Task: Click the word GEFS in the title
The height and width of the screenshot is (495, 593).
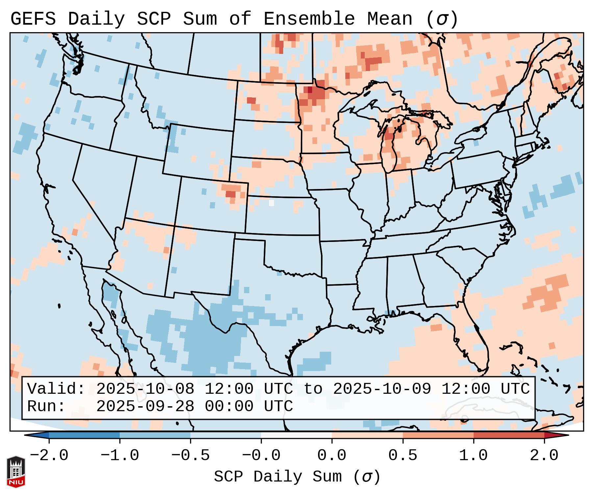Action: point(33,19)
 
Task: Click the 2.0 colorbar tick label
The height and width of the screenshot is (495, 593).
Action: point(544,456)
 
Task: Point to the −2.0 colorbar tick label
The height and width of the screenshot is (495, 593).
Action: point(49,456)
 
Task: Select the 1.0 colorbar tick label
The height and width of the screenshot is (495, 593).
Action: point(473,456)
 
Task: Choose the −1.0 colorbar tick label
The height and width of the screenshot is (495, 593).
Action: point(120,456)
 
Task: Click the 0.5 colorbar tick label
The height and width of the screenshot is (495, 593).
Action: point(403,456)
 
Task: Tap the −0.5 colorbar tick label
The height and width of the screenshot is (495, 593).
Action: point(190,456)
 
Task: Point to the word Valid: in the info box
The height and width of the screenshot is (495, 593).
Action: point(56,389)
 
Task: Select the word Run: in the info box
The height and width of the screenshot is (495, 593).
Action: point(46,406)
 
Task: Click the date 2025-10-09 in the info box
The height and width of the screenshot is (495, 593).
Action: point(382,389)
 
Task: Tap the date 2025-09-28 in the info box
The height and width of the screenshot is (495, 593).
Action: point(145,406)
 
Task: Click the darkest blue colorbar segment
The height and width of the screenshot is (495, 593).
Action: point(84,435)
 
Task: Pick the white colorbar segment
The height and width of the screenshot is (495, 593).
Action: point(296,435)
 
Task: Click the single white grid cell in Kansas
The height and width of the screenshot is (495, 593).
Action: point(271,203)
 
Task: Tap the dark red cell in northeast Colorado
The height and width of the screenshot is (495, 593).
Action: point(231,194)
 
